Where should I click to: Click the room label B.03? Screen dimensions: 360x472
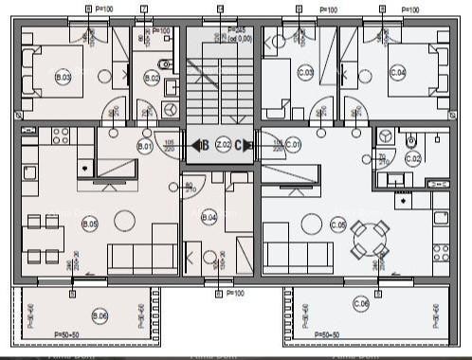[x=64, y=77]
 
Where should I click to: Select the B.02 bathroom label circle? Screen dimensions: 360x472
[x=152, y=78]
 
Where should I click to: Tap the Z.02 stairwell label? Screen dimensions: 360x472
[x=223, y=145]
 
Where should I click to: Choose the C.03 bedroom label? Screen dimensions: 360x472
[x=305, y=73]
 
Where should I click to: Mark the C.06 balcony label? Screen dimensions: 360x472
[x=361, y=303]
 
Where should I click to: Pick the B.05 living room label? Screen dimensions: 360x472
[x=90, y=224]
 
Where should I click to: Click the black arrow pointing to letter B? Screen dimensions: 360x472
[x=195, y=145]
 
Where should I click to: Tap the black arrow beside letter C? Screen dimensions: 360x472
[x=249, y=145]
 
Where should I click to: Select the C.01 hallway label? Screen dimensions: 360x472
[x=293, y=145]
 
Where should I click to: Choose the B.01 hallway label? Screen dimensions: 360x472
[x=145, y=147]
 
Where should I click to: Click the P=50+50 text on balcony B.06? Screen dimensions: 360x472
[x=71, y=335]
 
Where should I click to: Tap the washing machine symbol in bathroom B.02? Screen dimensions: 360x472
[x=171, y=109]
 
